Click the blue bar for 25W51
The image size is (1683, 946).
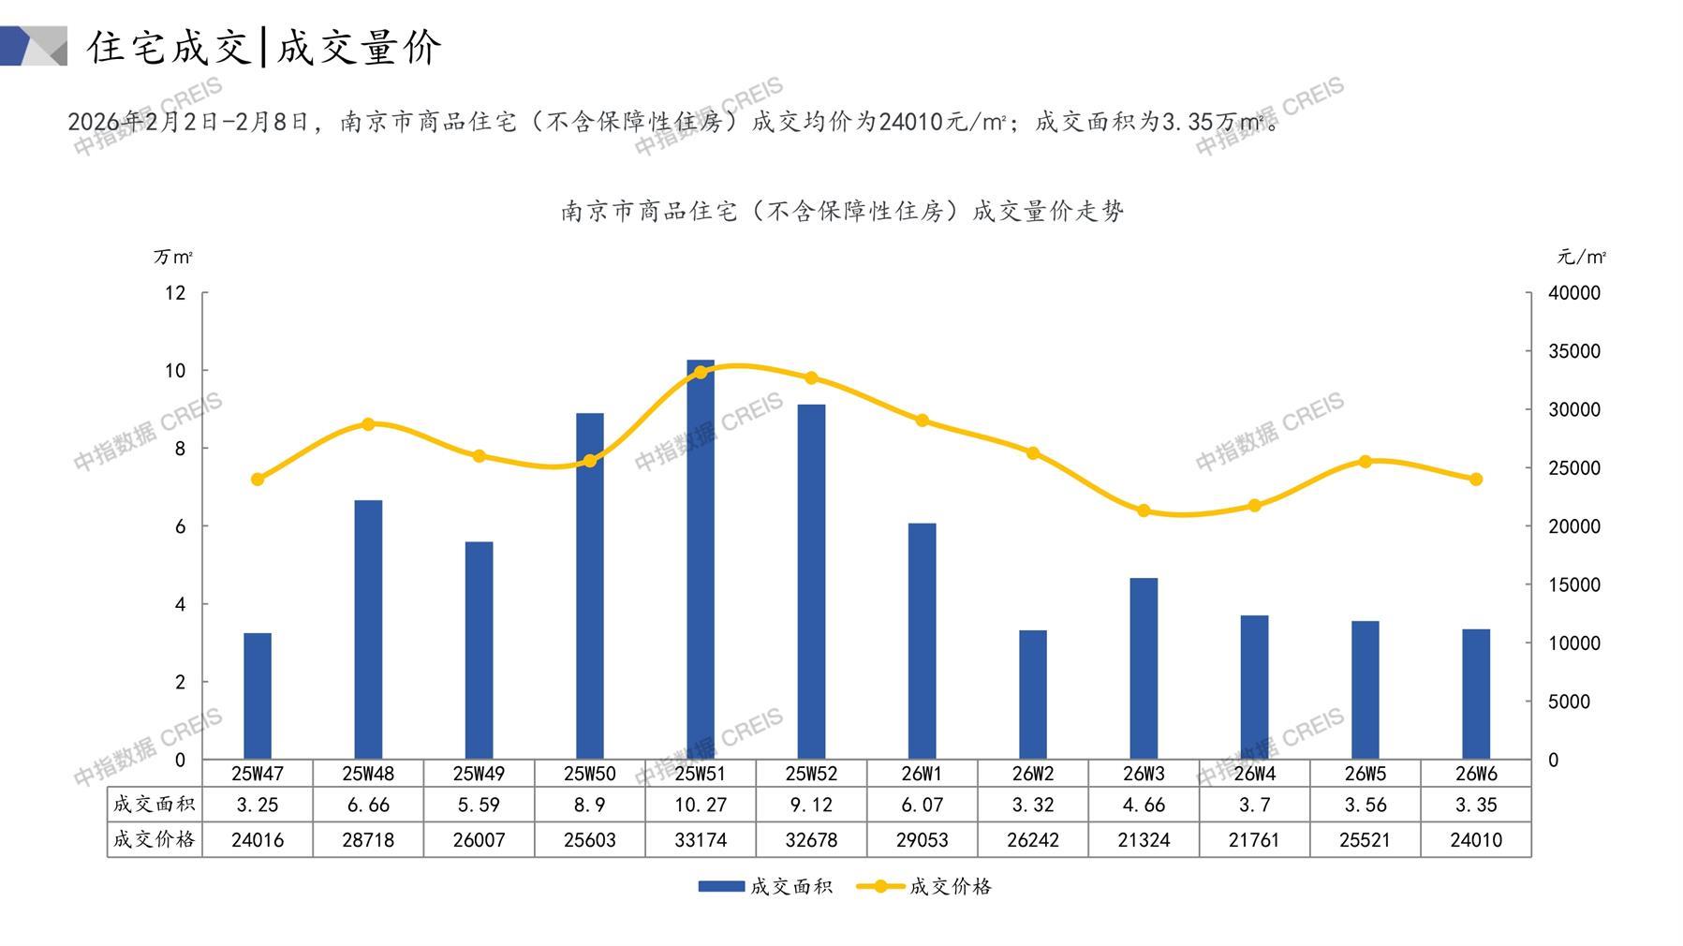coord(701,560)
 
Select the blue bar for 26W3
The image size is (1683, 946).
coord(1144,669)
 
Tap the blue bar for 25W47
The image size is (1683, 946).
coord(258,696)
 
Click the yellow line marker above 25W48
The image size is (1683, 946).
coord(368,424)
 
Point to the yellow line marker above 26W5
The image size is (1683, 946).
coord(1365,462)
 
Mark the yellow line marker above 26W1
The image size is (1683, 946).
coord(923,421)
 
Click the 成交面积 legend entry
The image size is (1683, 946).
coord(765,886)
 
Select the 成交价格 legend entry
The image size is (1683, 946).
coord(924,886)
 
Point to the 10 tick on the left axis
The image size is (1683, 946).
coord(175,371)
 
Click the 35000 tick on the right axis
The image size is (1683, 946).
coord(1574,351)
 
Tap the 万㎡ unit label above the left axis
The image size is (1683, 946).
coord(173,257)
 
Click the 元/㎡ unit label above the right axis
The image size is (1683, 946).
coord(1582,257)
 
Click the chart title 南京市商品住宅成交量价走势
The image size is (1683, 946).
coord(842,212)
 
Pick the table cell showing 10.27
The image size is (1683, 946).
coord(701,805)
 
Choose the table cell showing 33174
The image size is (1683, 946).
coord(701,840)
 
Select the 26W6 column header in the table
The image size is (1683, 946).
coord(1476,774)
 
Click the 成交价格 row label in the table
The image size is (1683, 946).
coord(155,839)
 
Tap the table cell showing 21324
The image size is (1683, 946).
coord(1144,840)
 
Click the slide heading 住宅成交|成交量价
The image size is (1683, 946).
coord(265,47)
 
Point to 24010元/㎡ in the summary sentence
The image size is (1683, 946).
coord(942,122)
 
